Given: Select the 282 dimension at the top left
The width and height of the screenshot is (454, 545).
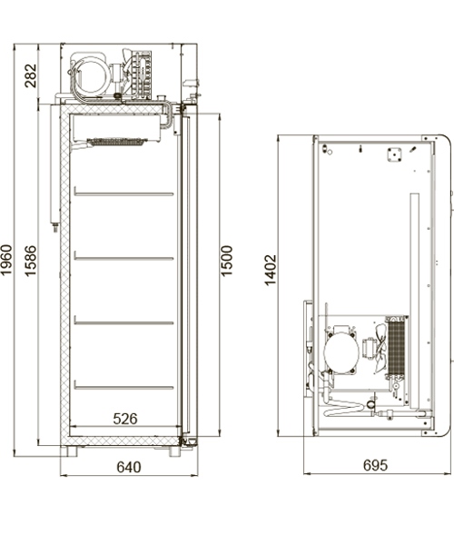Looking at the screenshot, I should click(x=31, y=75).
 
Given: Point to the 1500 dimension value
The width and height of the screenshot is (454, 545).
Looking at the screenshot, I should click(x=227, y=261).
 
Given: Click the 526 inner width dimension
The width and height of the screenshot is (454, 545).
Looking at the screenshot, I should click(x=124, y=419).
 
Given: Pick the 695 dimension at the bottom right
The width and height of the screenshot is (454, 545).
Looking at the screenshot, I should click(x=374, y=465).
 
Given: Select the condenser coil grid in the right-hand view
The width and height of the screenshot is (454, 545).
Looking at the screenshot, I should click(x=396, y=348).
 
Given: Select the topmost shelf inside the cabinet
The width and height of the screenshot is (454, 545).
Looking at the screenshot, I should click(x=123, y=193).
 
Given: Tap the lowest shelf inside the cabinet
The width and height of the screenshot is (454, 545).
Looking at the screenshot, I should click(x=123, y=387).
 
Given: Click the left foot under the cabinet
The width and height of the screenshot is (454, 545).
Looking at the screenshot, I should click(x=72, y=451).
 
